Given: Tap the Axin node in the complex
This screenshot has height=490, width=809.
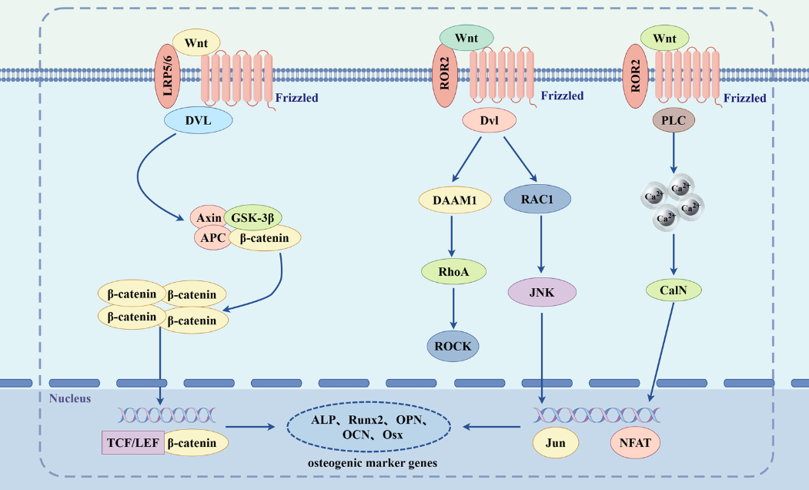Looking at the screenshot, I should tap(209, 218).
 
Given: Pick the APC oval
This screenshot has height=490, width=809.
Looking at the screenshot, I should tap(213, 238).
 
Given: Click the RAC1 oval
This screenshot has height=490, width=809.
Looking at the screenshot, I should tap(537, 199).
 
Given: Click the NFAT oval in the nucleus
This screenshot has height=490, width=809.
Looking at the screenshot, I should tap(637, 443).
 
